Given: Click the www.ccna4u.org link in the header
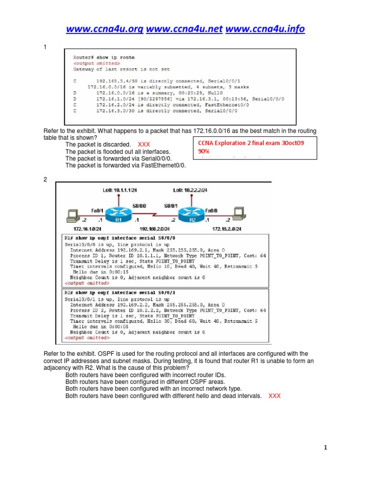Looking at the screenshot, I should pos(105,29).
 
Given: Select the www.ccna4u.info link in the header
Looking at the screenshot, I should pos(265,29).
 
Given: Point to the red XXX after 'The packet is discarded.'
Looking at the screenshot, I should pos(144,145).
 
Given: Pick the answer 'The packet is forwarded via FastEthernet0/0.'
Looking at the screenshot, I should pos(126,165).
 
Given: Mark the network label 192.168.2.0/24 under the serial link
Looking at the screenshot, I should pos(154,228).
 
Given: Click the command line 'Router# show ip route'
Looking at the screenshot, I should pos(104,58).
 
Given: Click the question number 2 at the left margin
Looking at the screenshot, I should pos(45,179).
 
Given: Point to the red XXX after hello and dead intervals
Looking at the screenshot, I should pos(274,395).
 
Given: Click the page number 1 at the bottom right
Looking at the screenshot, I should pos(326,448).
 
